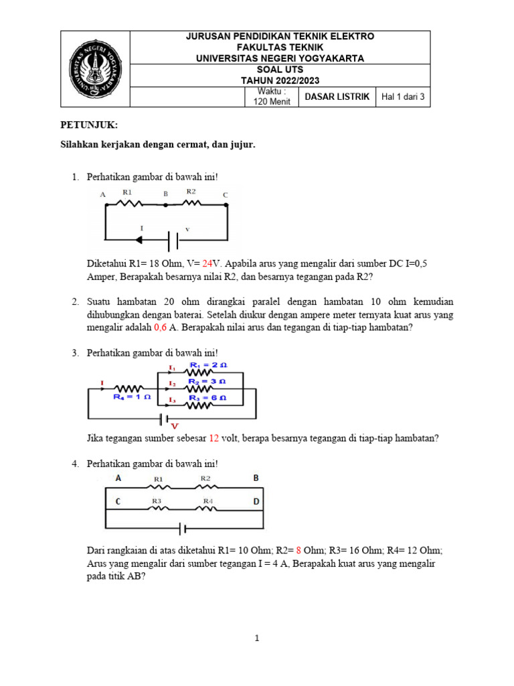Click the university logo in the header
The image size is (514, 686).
coord(94,70)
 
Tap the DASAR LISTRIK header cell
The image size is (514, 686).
coord(337,96)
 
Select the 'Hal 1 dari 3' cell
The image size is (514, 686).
coord(403,96)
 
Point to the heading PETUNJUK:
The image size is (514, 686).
coord(89,125)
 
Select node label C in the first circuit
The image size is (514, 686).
coord(225,195)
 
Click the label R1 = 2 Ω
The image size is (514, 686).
coord(208,365)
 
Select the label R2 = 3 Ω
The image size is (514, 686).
coord(207,381)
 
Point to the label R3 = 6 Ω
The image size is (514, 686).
coord(207,397)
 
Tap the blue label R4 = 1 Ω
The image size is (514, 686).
coord(131,397)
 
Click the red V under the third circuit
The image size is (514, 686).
coord(175,425)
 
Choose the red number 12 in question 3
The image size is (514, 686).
coord(214,438)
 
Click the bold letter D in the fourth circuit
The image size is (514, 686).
coord(256,501)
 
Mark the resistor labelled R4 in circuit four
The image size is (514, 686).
coord(208,507)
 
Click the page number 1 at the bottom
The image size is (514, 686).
coord(257,638)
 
